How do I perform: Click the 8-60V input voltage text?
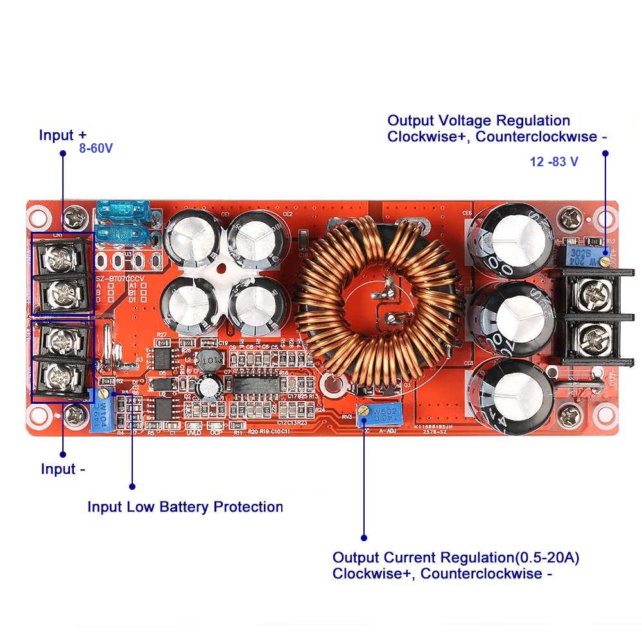tap(96, 148)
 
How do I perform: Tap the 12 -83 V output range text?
tap(553, 162)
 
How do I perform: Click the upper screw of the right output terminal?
tap(592, 296)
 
